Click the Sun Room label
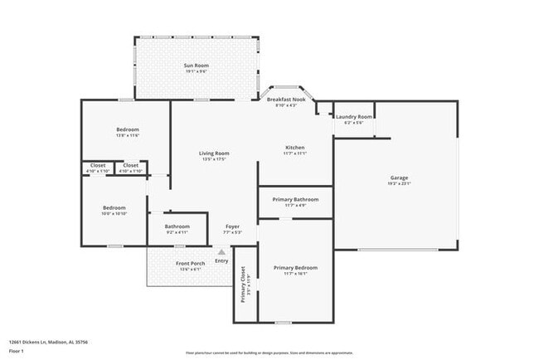click(196, 65)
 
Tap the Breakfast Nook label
click(291, 100)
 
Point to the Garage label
click(399, 178)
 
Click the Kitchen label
click(294, 148)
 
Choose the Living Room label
click(214, 153)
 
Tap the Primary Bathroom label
click(295, 199)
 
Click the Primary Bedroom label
click(295, 268)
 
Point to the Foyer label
click(233, 226)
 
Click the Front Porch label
click(190, 264)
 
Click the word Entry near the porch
click(221, 261)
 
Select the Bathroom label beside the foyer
click(177, 226)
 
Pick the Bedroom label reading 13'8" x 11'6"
click(127, 129)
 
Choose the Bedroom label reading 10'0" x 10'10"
click(114, 207)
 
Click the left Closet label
click(98, 165)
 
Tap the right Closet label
click(131, 165)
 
